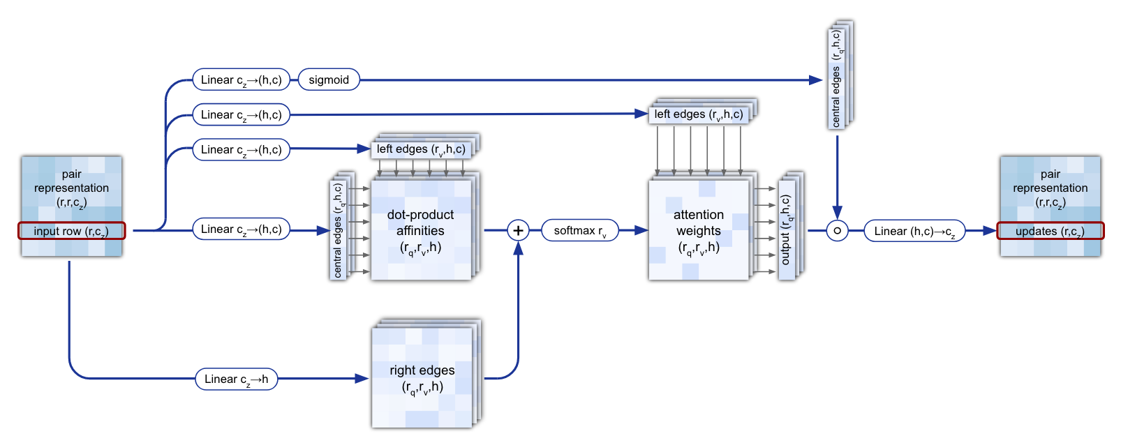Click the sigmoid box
click(x=329, y=80)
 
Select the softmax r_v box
click(x=580, y=231)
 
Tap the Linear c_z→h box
click(x=237, y=379)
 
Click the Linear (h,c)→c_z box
click(x=914, y=231)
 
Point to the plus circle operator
click(x=518, y=230)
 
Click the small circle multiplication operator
click(x=837, y=231)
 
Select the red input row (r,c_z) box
click(x=72, y=231)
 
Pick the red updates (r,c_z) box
click(x=1050, y=231)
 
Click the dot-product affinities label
click(x=420, y=230)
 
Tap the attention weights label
click(x=699, y=230)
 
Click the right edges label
click(x=422, y=378)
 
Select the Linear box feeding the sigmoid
click(x=242, y=80)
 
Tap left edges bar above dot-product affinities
click(x=421, y=149)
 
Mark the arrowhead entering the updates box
click(x=990, y=231)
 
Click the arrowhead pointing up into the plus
click(x=518, y=248)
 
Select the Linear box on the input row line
click(x=242, y=229)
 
